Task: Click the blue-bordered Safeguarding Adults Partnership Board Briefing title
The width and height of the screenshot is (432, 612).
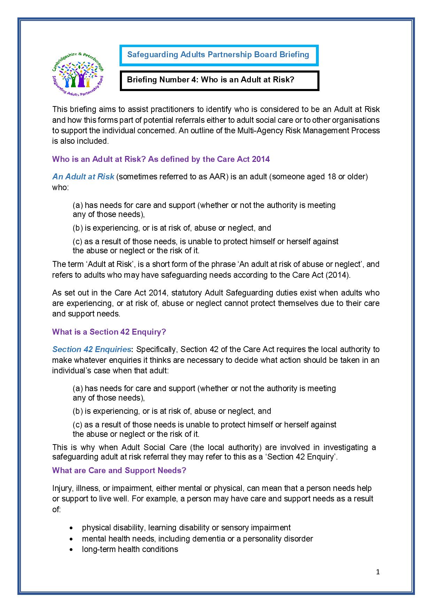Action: (218, 55)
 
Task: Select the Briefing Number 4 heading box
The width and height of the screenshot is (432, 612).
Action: (219, 80)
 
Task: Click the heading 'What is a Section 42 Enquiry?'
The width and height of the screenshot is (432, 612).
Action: (109, 332)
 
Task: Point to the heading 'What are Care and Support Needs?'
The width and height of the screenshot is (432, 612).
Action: (119, 470)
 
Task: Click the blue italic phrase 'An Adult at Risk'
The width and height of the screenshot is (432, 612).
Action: (83, 177)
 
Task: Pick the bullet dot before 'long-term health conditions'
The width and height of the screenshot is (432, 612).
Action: (71, 550)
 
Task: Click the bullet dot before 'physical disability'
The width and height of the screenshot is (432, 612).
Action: (71, 528)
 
